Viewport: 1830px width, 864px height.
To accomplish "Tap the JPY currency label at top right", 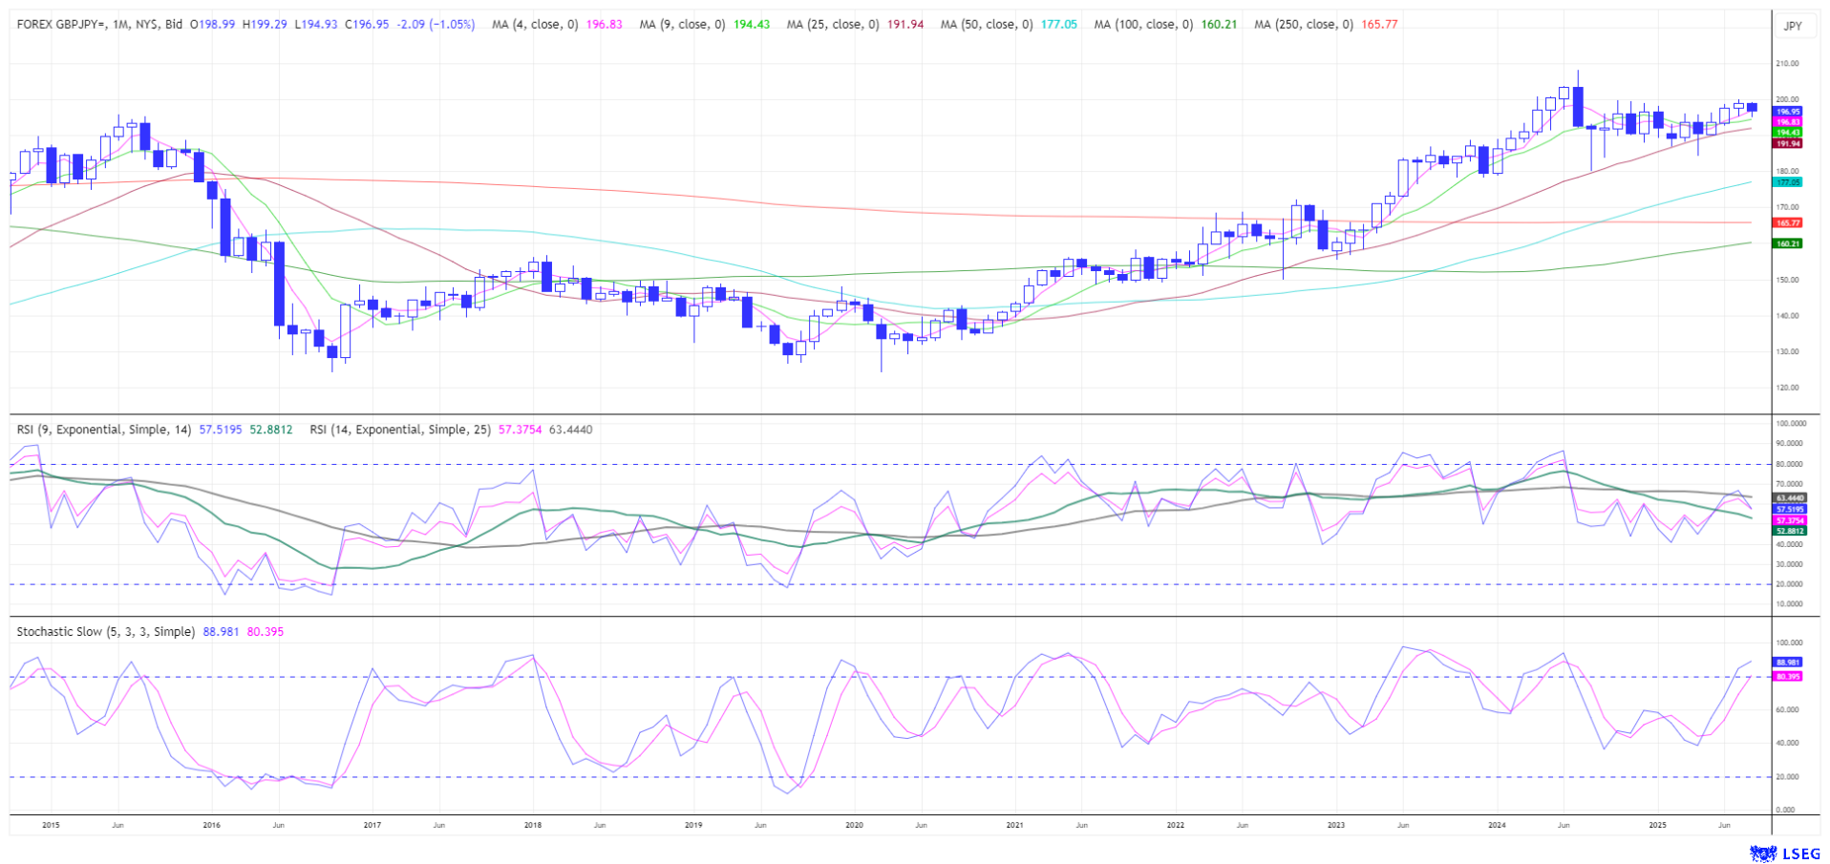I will [1793, 26].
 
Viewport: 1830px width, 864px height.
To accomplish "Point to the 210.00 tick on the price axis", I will [1787, 64].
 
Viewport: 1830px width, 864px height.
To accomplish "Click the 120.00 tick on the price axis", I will [1787, 388].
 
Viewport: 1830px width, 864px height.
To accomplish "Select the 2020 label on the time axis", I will [854, 825].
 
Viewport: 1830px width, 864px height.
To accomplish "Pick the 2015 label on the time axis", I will [51, 825].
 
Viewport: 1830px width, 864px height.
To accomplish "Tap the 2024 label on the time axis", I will [1497, 825].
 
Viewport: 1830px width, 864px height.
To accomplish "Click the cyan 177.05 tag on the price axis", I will [1787, 181].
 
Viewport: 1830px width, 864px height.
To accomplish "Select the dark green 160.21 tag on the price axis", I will [1787, 243].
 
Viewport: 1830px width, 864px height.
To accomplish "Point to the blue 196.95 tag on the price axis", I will [1787, 112].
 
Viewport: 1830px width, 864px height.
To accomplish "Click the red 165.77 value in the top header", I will [1379, 25].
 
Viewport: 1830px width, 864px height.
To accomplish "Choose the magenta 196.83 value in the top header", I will [604, 25].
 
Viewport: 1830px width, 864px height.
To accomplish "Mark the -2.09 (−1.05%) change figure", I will [436, 25].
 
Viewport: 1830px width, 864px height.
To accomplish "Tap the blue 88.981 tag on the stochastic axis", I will [1787, 662].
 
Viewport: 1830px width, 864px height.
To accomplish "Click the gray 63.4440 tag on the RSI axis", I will [1790, 498].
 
